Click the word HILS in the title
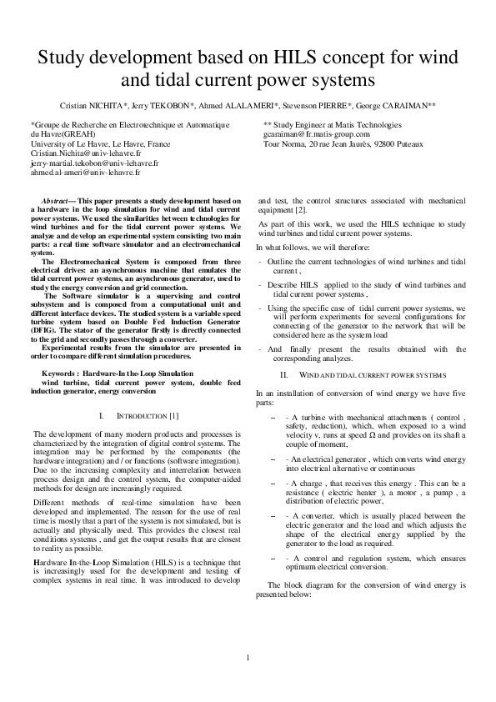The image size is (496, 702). coord(290,58)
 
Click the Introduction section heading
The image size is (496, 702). coord(142,414)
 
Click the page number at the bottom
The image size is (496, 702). coord(248,660)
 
